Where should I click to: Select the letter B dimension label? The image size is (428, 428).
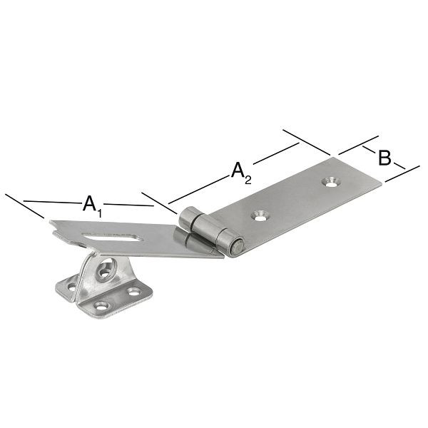pos(384,158)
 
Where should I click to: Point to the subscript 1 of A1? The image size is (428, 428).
pos(100,211)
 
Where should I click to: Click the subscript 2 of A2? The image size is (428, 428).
pos(248,180)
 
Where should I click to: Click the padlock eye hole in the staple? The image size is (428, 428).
pos(106,272)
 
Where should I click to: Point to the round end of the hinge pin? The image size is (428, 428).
pos(238,247)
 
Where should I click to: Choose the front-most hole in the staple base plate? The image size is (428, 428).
pos(102,306)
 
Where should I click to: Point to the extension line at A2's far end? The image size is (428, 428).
pos(307,142)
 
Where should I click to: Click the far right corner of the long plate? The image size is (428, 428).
pos(382,188)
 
